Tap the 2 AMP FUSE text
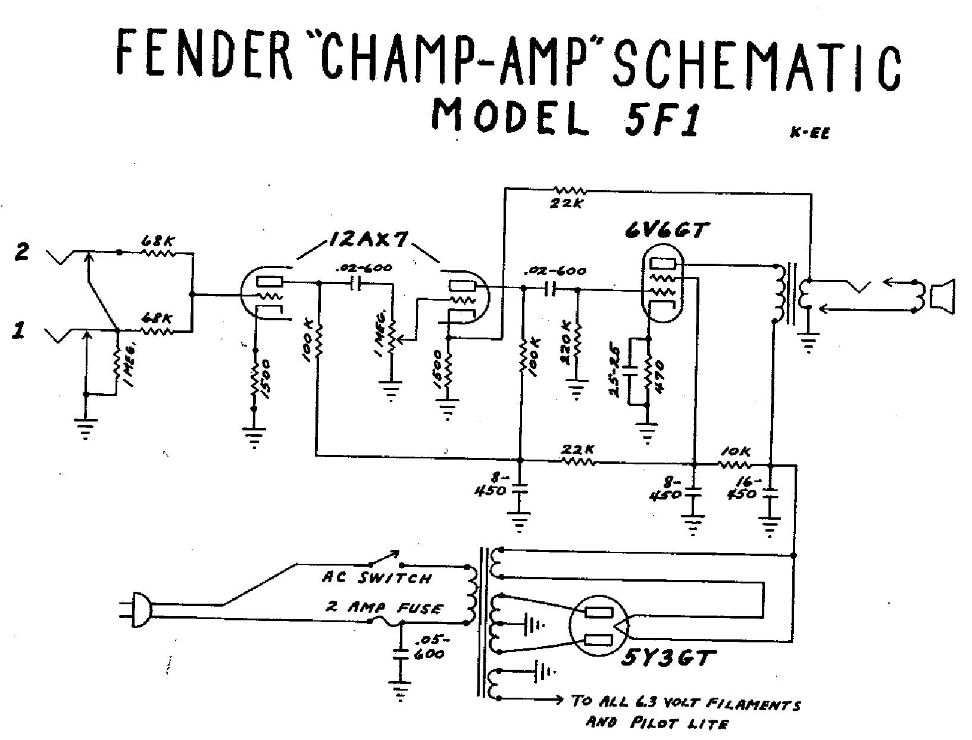[x=383, y=608]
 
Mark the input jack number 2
[x=21, y=252]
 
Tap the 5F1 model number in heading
[x=657, y=118]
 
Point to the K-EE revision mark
[x=810, y=134]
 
